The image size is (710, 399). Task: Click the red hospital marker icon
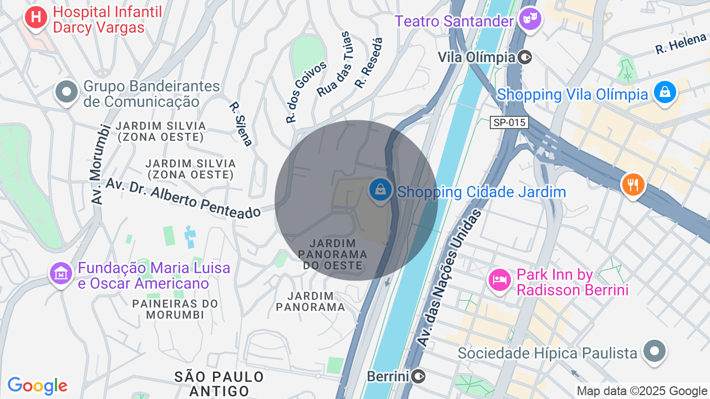click(36, 18)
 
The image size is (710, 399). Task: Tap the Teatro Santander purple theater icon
click(530, 20)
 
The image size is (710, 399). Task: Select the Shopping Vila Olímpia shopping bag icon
click(664, 92)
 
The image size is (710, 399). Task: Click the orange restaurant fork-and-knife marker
click(633, 184)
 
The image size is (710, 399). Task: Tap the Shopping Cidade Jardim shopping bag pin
click(381, 190)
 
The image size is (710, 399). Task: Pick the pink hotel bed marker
click(499, 279)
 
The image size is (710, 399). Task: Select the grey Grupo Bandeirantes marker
click(67, 93)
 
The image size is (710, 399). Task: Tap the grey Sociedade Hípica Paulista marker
click(655, 351)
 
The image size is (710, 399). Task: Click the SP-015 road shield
click(509, 122)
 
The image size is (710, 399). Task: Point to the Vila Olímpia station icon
click(525, 57)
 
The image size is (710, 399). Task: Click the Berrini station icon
click(419, 377)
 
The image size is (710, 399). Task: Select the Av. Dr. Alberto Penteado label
click(183, 198)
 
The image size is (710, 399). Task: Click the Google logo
click(37, 386)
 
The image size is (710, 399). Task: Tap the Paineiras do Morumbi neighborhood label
click(175, 309)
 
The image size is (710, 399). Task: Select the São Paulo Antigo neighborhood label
click(219, 383)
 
